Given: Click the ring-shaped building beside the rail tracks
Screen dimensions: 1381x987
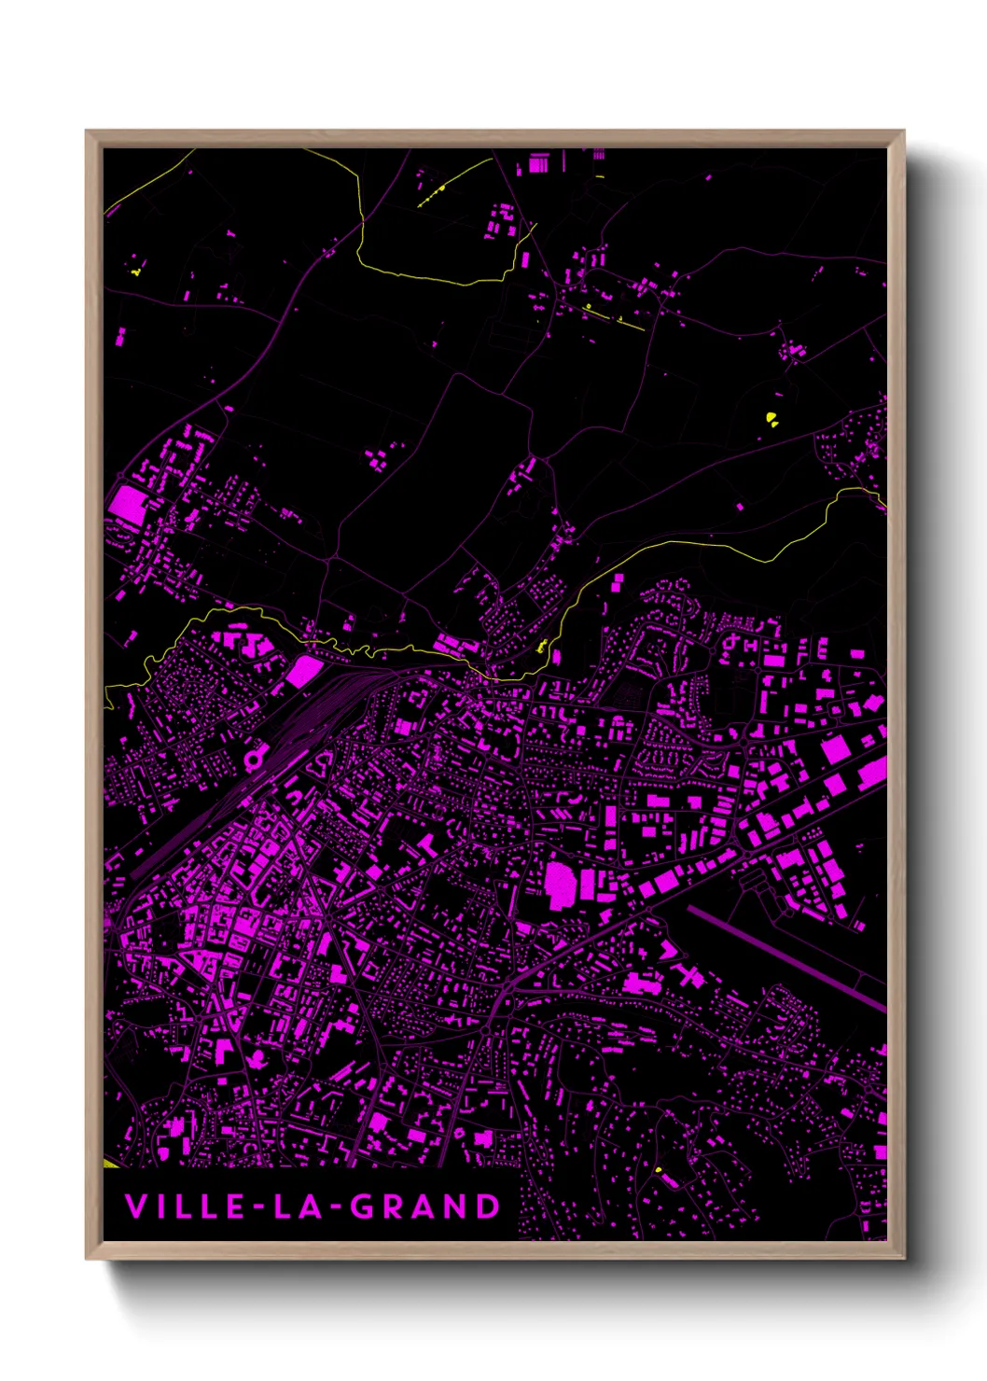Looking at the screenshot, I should pos(253,760).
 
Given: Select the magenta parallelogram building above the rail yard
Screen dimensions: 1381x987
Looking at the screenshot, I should pos(302,670).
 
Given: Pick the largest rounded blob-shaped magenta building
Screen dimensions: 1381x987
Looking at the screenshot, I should pos(560,883).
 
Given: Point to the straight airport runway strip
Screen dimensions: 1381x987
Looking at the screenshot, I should pos(788,957).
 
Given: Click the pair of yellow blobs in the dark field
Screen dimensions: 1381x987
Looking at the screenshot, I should pos(772,419).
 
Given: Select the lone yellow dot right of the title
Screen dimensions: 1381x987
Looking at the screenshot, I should pos(659,1169).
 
